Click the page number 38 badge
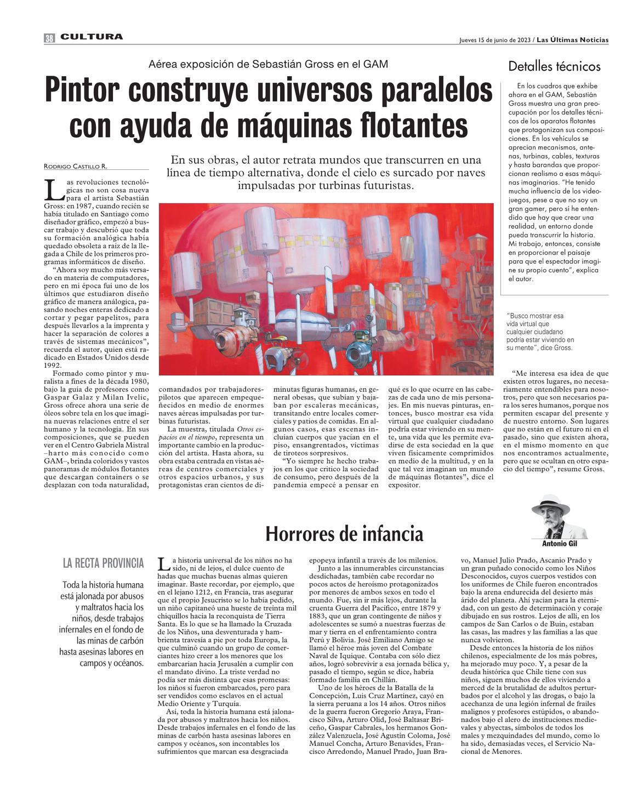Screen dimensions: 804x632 click(49, 38)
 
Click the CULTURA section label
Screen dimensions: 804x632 click(92, 37)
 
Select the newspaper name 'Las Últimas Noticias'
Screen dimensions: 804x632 click(572, 39)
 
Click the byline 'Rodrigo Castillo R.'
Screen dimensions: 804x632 click(76, 166)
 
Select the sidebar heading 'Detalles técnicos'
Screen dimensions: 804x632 click(554, 67)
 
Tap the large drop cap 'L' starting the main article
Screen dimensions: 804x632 click(53, 190)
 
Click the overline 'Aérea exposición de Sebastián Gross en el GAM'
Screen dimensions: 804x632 click(268, 64)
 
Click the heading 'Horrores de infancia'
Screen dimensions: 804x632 click(344, 533)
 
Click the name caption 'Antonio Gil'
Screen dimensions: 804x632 click(559, 544)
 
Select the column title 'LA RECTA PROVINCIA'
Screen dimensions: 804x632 click(103, 563)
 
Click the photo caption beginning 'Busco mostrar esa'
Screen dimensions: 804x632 click(540, 332)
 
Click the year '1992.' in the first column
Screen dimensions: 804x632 click(53, 366)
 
